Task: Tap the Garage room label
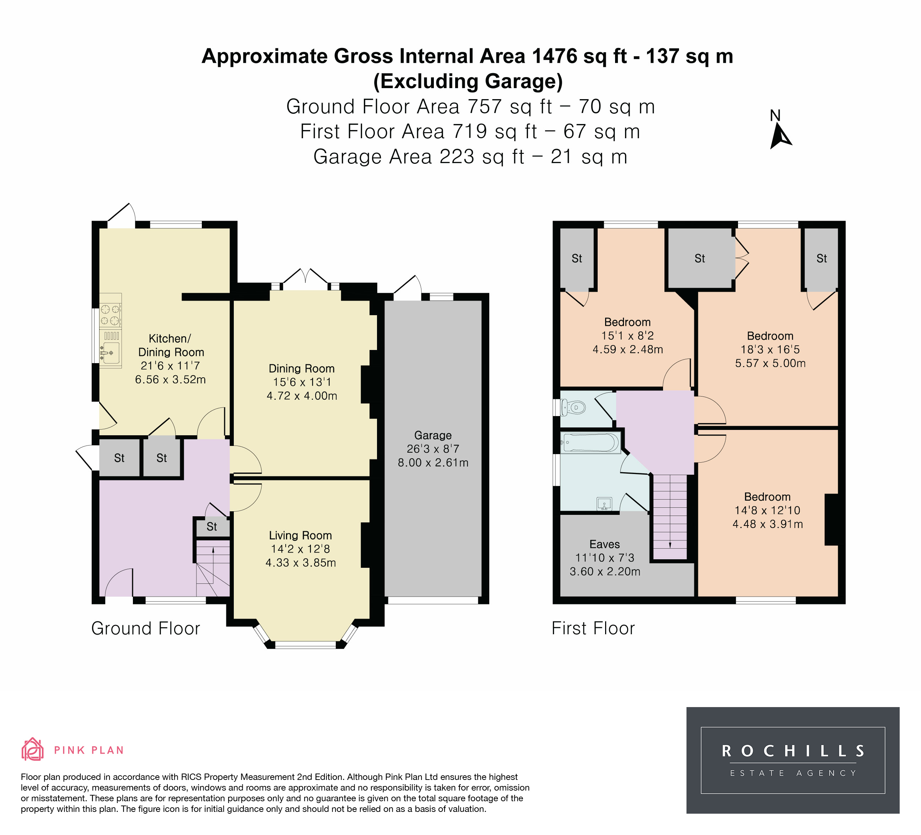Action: click(433, 435)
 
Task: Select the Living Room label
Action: click(300, 535)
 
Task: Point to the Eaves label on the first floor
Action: click(604, 544)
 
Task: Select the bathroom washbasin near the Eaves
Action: click(604, 504)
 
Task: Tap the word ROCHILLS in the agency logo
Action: click(793, 751)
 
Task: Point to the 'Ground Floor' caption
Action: click(146, 629)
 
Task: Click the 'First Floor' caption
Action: click(593, 629)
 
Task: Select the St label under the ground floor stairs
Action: click(211, 527)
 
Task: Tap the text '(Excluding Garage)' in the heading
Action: click(468, 81)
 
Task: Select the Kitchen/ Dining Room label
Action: click(171, 345)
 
